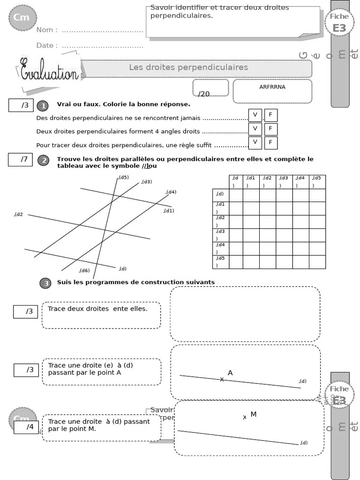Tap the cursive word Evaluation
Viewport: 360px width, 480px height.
point(49,70)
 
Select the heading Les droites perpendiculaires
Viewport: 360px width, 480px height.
point(188,67)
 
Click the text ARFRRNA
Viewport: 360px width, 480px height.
point(272,87)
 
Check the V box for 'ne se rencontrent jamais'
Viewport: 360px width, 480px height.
point(255,115)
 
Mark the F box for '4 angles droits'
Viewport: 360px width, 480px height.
point(271,129)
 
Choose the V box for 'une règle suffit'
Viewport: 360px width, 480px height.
point(255,142)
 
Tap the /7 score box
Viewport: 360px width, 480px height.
point(20,160)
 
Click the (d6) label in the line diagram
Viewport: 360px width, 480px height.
point(84,270)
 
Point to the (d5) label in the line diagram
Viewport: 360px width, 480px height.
point(124,177)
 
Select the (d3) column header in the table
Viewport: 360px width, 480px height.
point(284,181)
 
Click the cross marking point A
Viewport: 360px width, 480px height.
point(222,379)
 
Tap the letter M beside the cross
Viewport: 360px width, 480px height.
point(253,414)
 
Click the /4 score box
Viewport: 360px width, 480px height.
point(26,427)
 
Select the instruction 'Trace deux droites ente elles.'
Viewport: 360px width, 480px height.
point(97,309)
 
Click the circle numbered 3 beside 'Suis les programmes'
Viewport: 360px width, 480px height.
point(45,283)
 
